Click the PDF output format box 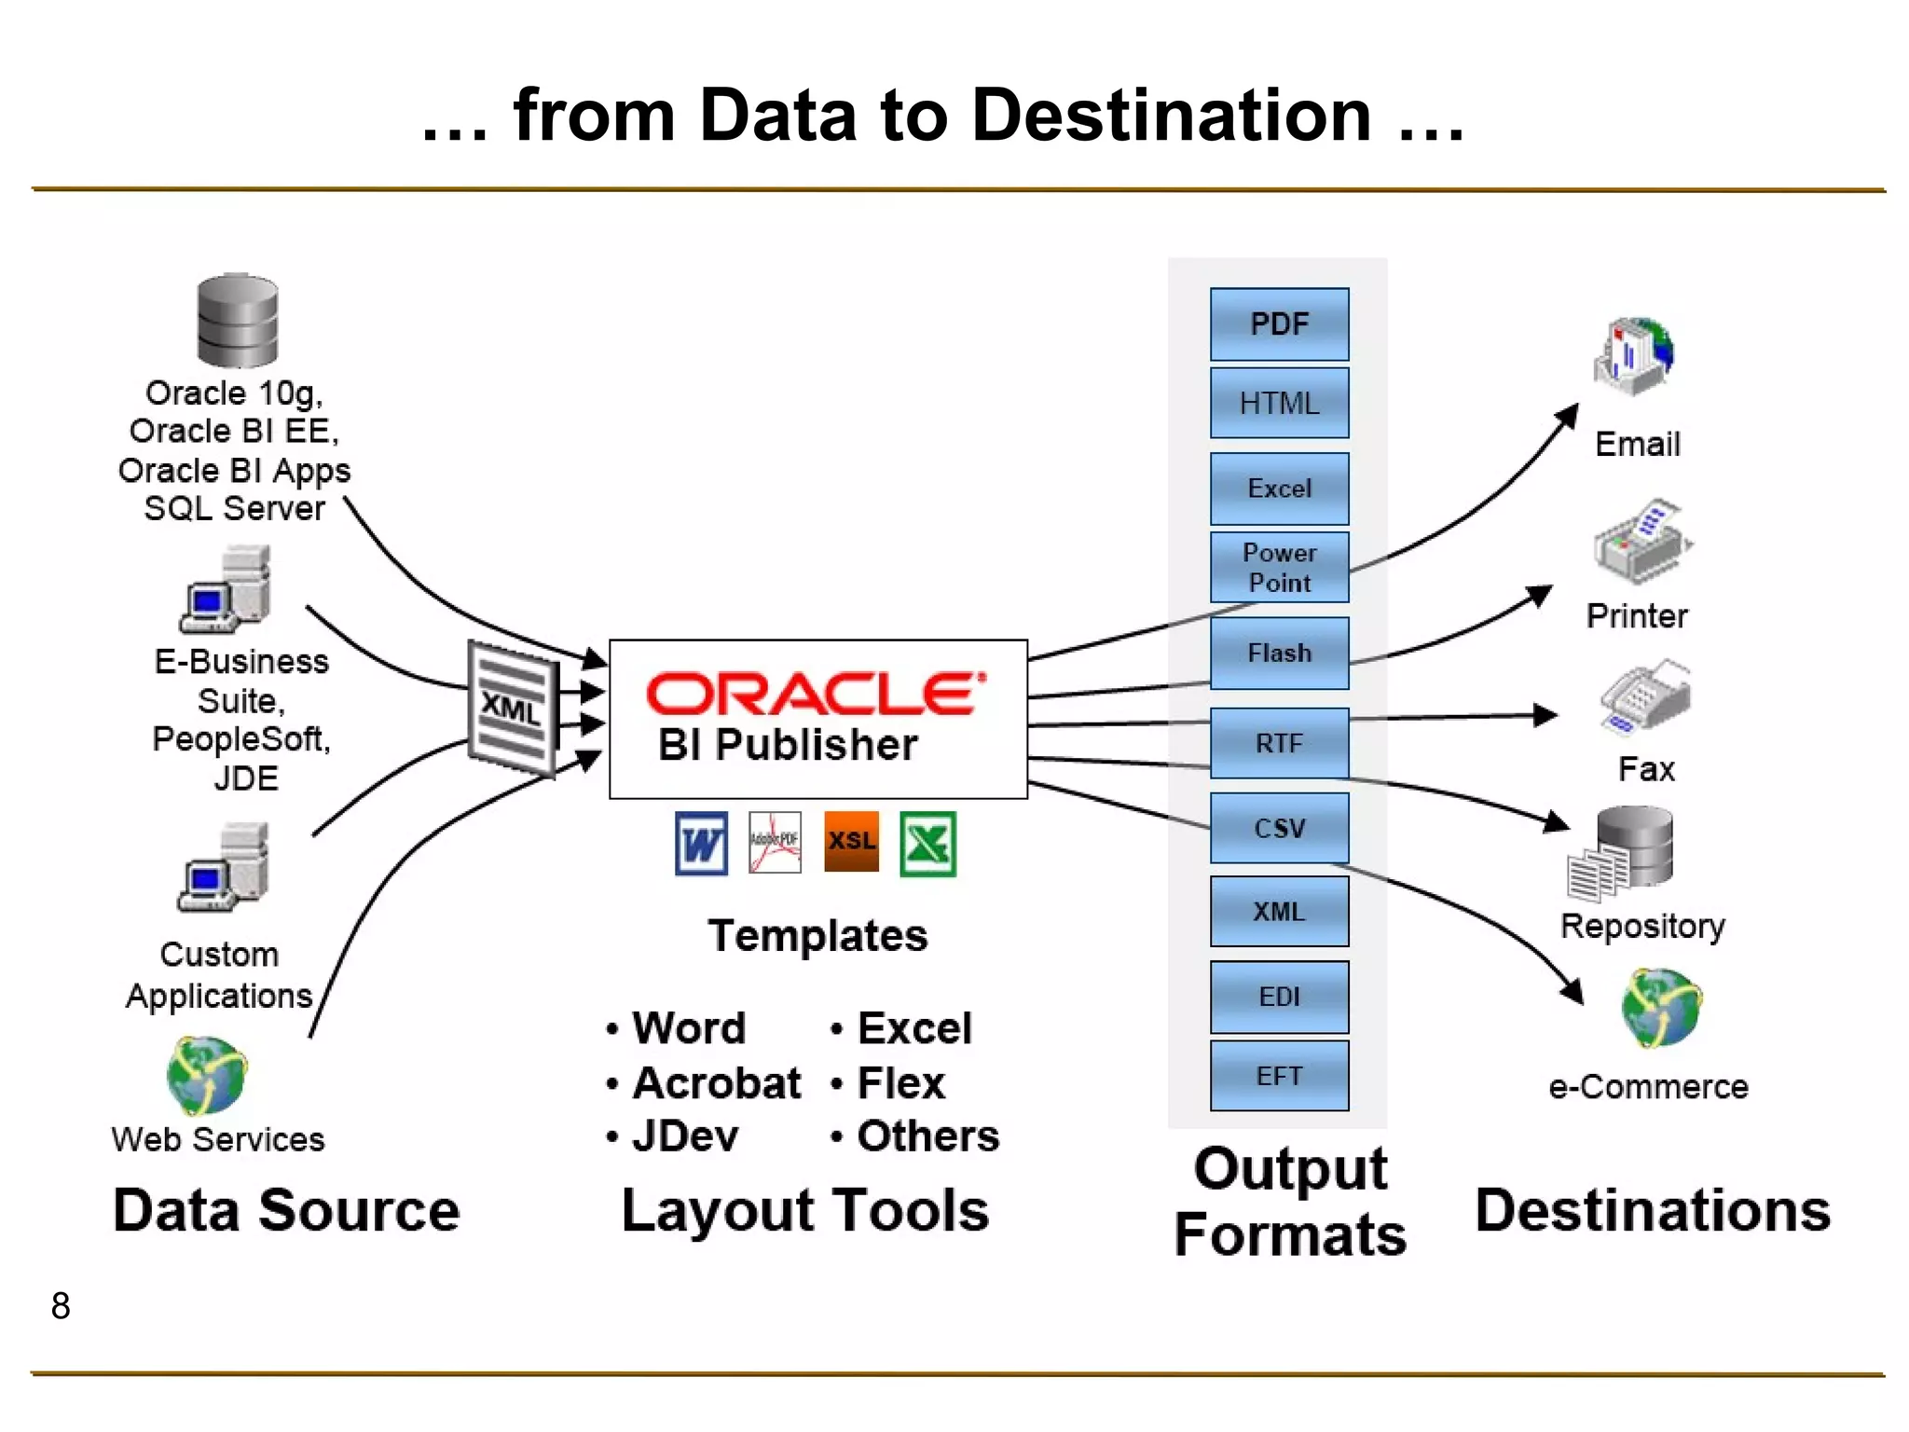point(1279,324)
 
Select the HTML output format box point(1279,404)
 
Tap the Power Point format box point(1279,567)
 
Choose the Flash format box point(1279,653)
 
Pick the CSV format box point(1279,828)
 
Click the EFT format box point(1279,1076)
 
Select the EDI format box point(1279,997)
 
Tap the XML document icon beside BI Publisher point(513,709)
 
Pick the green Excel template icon point(927,844)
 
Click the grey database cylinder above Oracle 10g point(238,321)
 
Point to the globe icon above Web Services point(207,1076)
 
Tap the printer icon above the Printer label point(1641,543)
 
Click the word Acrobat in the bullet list point(716,1083)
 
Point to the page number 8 point(61,1306)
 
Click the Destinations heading point(1652,1211)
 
